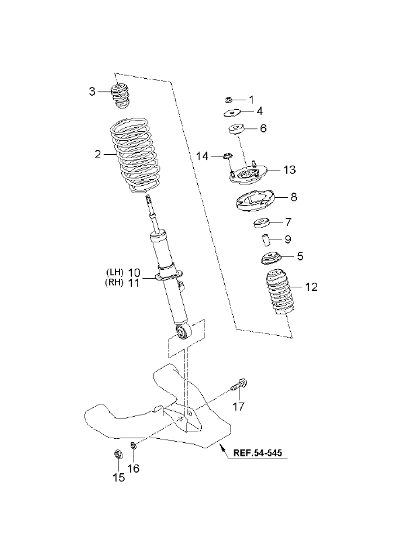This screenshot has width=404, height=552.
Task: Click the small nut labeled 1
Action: pyautogui.click(x=228, y=100)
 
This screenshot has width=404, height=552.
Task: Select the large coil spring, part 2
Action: pyautogui.click(x=134, y=155)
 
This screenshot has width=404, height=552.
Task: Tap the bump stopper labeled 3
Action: pyautogui.click(x=121, y=96)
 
